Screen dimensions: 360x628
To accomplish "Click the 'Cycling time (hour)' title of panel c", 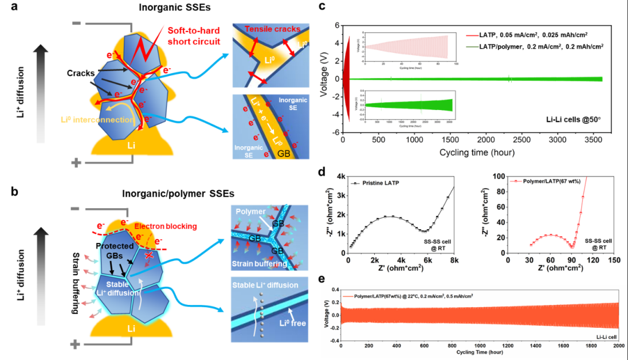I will pos(477,152).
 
